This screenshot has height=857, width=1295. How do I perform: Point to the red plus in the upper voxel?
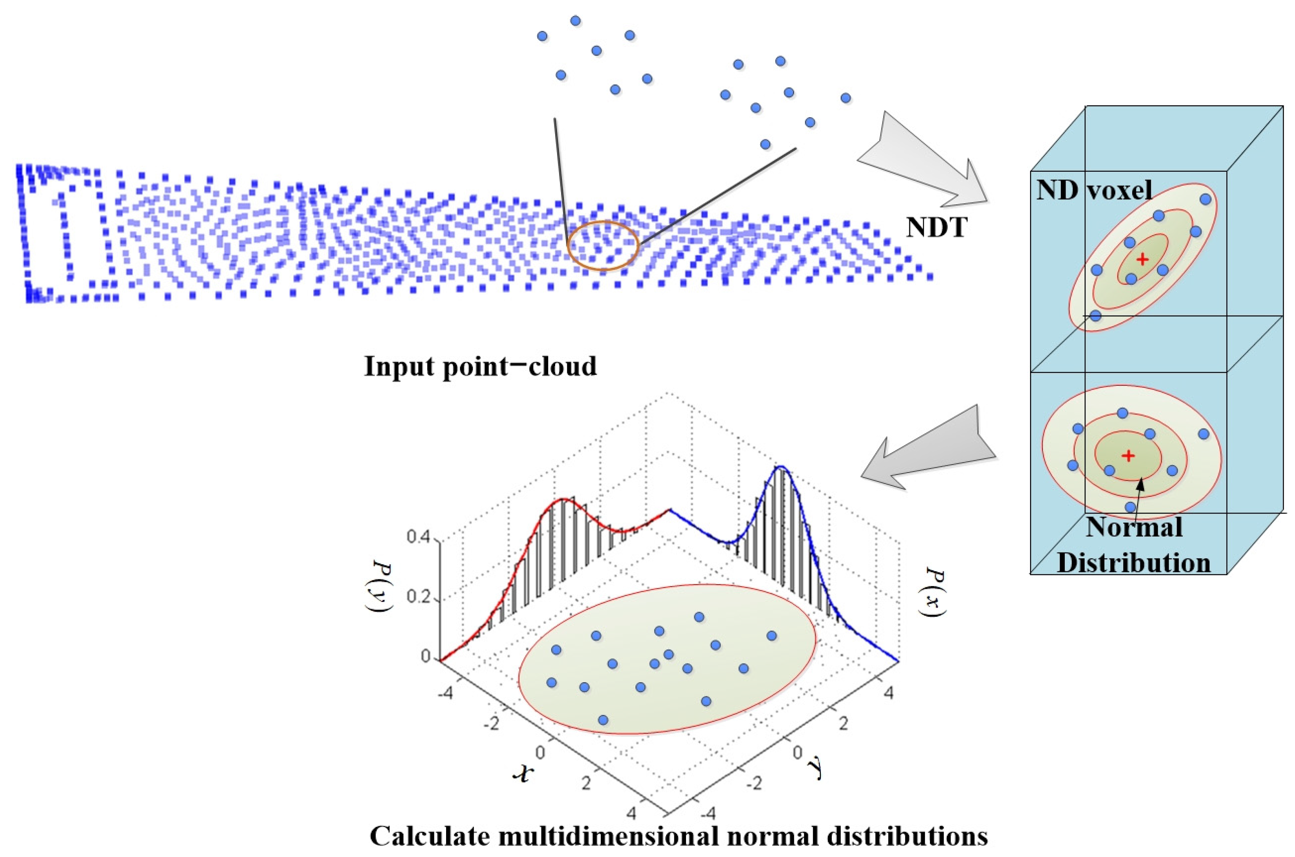(x=1142, y=259)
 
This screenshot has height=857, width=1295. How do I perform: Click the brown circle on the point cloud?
(x=603, y=245)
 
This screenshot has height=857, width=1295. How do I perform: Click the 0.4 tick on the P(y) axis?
(x=420, y=538)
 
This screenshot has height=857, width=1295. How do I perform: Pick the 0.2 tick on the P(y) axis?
(x=420, y=597)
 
